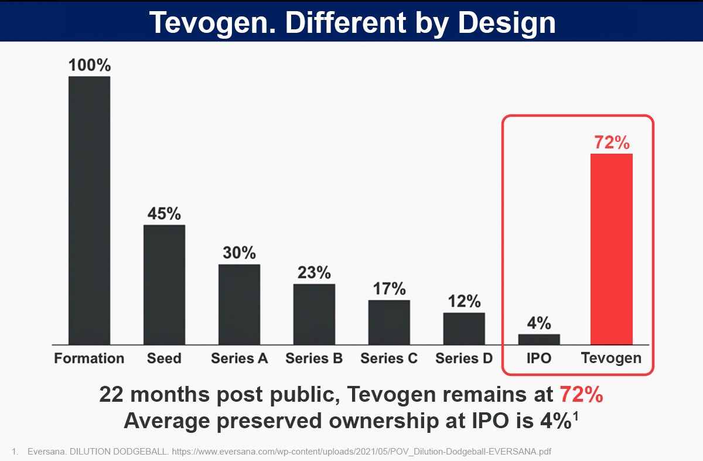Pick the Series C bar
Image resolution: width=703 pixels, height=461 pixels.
[x=389, y=322]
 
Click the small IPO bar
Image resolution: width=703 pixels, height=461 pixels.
[x=539, y=339]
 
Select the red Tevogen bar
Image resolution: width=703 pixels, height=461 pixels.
[x=611, y=249]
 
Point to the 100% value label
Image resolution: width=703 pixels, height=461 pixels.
[x=89, y=65]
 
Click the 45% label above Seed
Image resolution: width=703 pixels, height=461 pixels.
[x=164, y=213]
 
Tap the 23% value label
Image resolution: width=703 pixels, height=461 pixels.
[x=314, y=273]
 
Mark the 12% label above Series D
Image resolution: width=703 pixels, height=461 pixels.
[x=464, y=301]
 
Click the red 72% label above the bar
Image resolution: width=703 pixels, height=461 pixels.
[x=611, y=143]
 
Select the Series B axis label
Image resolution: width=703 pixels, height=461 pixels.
[x=314, y=358]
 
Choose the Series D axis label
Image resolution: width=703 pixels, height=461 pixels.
[x=464, y=358]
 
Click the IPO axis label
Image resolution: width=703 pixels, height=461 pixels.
[x=539, y=358]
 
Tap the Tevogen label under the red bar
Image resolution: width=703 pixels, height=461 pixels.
[x=611, y=358]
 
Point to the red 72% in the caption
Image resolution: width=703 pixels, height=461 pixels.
[x=581, y=395]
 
